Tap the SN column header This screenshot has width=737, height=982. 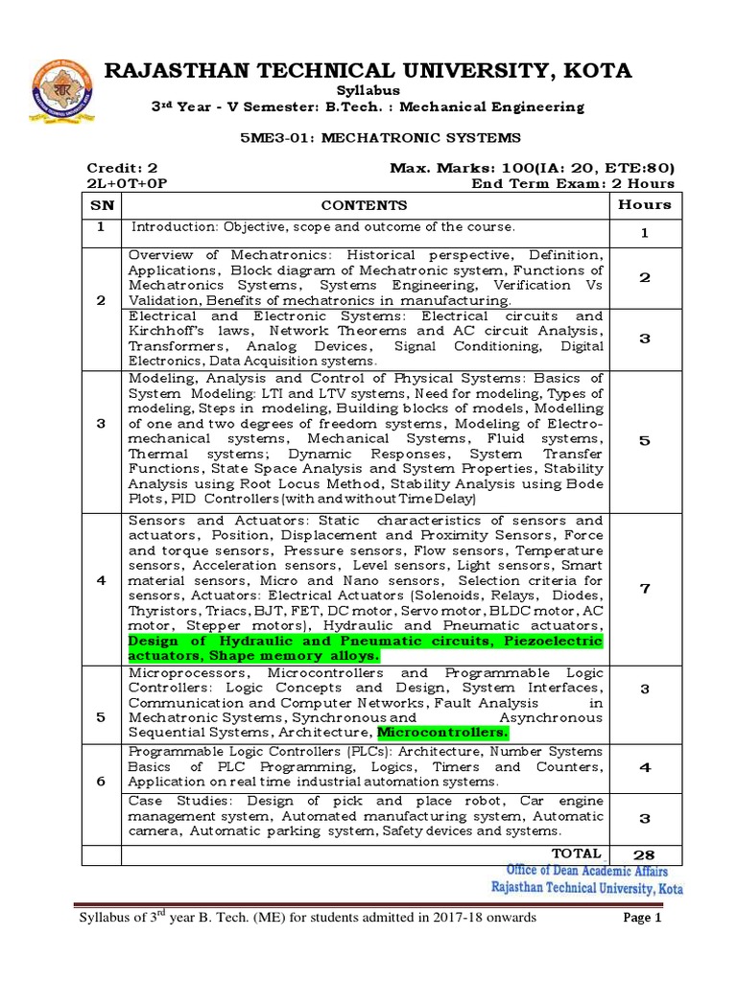[102, 205]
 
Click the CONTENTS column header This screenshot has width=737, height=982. [364, 205]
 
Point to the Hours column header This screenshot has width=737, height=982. [645, 204]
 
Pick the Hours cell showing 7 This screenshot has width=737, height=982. [645, 589]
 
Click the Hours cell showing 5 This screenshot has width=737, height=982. [645, 439]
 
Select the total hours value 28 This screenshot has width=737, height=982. [645, 854]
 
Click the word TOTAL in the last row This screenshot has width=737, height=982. [577, 853]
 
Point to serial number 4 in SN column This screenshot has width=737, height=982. [102, 581]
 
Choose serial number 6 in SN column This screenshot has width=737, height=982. [102, 782]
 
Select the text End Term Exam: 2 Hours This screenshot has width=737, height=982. [573, 183]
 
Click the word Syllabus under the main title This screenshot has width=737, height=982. [368, 89]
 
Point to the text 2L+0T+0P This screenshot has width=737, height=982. [121, 183]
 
